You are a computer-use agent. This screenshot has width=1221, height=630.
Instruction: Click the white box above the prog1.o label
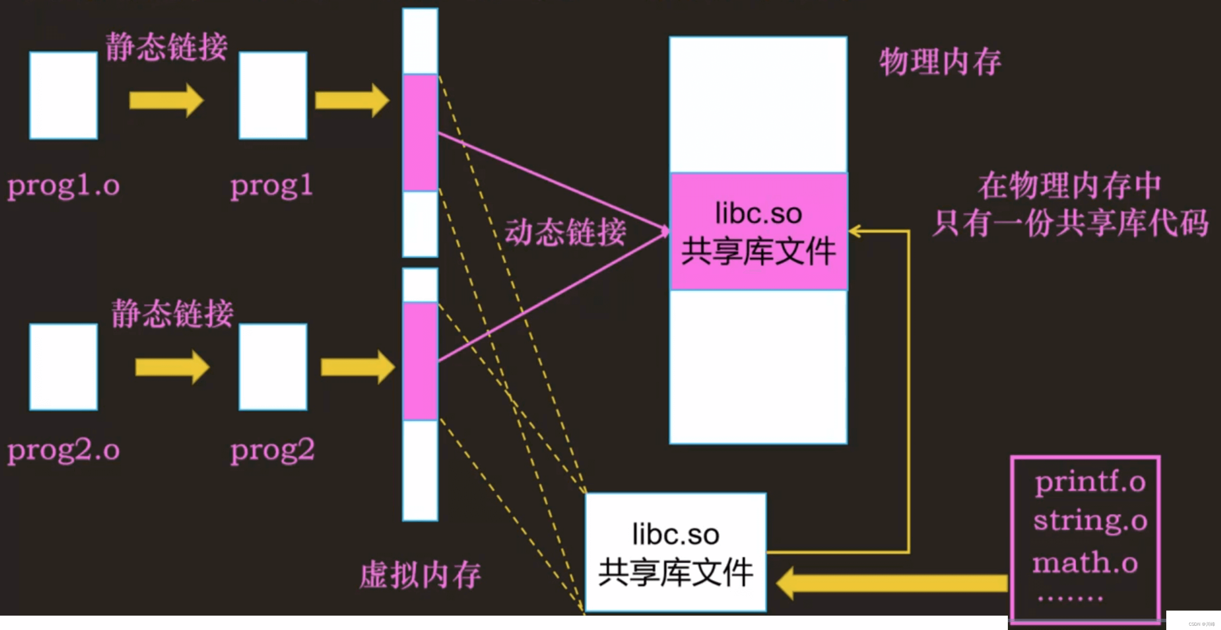[x=64, y=95]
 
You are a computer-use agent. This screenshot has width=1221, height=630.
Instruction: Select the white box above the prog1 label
[x=273, y=95]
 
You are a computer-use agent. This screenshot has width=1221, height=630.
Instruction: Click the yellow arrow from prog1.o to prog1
[x=166, y=100]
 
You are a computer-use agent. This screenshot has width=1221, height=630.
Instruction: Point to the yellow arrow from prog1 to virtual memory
[x=352, y=100]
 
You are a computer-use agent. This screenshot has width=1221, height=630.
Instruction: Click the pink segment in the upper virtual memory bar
[x=420, y=133]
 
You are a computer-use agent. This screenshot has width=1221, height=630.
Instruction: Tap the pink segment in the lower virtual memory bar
[x=420, y=361]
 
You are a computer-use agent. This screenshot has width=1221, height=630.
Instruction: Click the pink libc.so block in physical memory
[x=758, y=231]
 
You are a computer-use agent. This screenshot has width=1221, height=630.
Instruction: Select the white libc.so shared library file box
[x=676, y=552]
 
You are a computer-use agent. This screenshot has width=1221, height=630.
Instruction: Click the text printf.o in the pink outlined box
[x=1090, y=482]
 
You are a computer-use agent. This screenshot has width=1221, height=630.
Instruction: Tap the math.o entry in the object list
[x=1086, y=563]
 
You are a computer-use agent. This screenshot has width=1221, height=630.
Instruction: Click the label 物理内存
[x=940, y=62]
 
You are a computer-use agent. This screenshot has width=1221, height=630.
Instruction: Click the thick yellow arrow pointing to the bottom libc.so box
[x=891, y=583]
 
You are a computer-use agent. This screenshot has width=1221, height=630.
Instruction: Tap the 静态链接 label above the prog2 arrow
[x=172, y=313]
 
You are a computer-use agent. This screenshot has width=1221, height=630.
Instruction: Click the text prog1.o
[x=64, y=186]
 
